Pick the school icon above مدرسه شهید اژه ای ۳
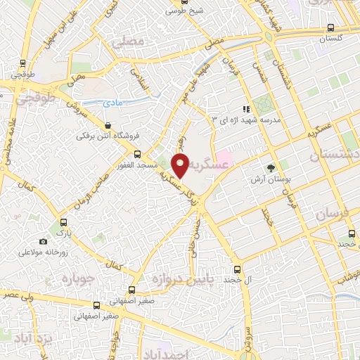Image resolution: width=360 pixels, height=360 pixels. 245,109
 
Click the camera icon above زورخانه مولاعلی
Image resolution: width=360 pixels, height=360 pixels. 44,241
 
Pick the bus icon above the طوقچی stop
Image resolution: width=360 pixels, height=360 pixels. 24,61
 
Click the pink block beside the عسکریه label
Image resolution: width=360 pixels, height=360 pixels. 224,155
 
